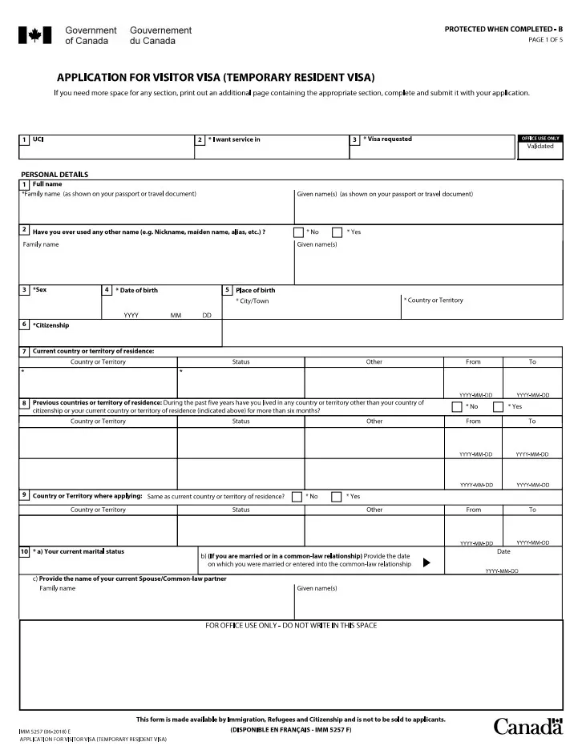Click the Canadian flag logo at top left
click(35, 34)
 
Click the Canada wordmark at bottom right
click(527, 726)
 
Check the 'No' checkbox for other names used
click(298, 232)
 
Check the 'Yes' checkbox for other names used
click(337, 232)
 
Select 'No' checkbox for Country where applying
click(297, 497)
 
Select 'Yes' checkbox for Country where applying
click(336, 497)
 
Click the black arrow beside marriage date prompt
click(426, 562)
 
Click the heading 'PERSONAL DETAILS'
click(55, 175)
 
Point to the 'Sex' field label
click(39, 289)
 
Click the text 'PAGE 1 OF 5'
click(545, 39)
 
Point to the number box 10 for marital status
click(25, 552)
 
